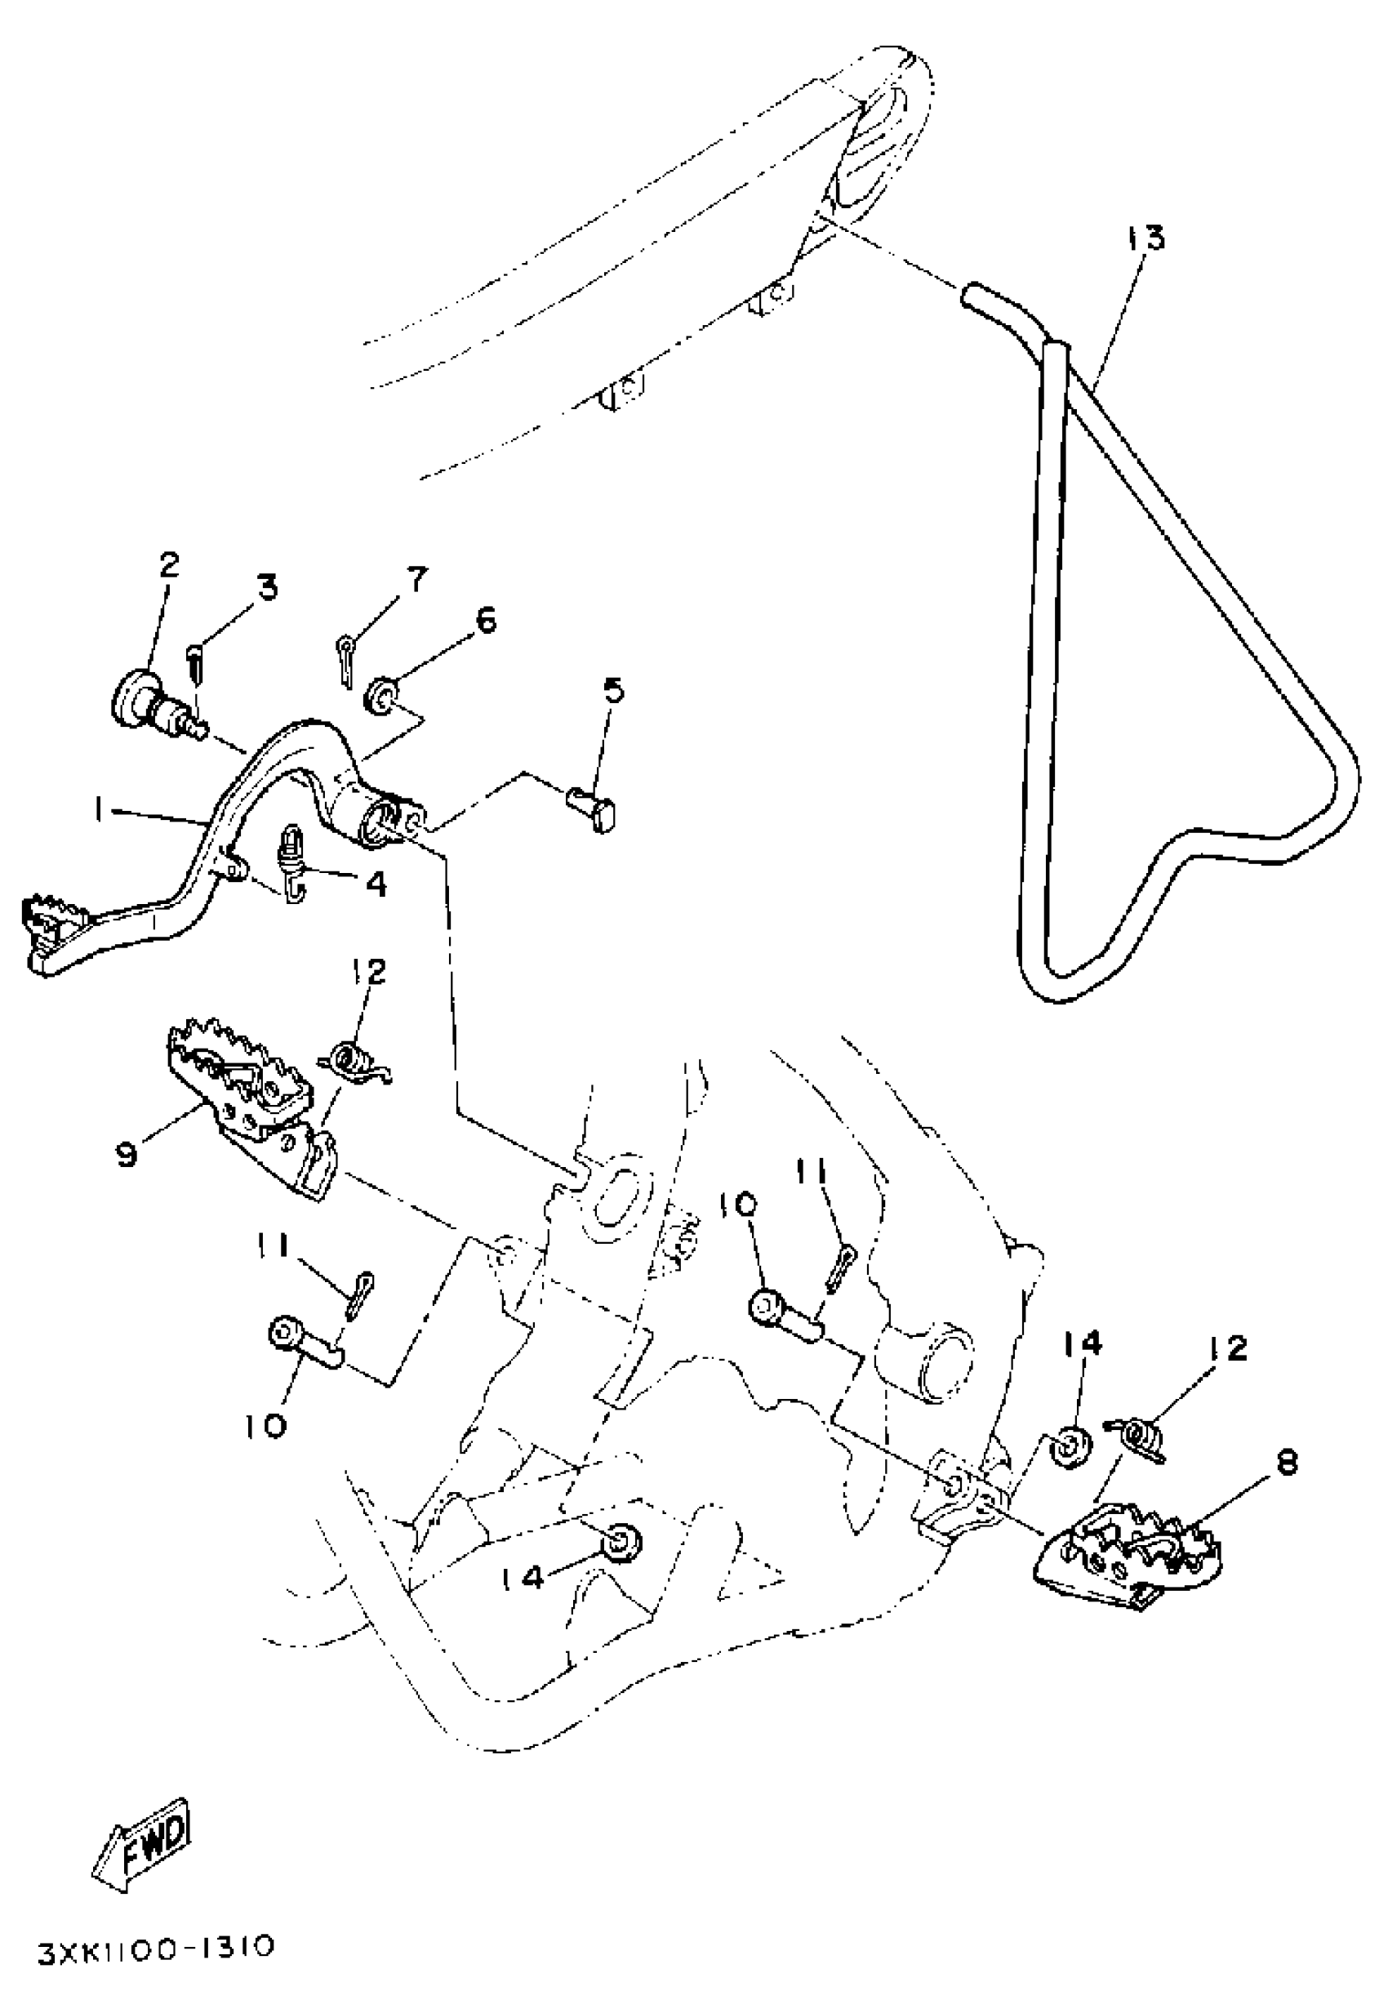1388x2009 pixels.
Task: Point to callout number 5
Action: [x=613, y=692]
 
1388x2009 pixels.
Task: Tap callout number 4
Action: [x=376, y=884]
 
